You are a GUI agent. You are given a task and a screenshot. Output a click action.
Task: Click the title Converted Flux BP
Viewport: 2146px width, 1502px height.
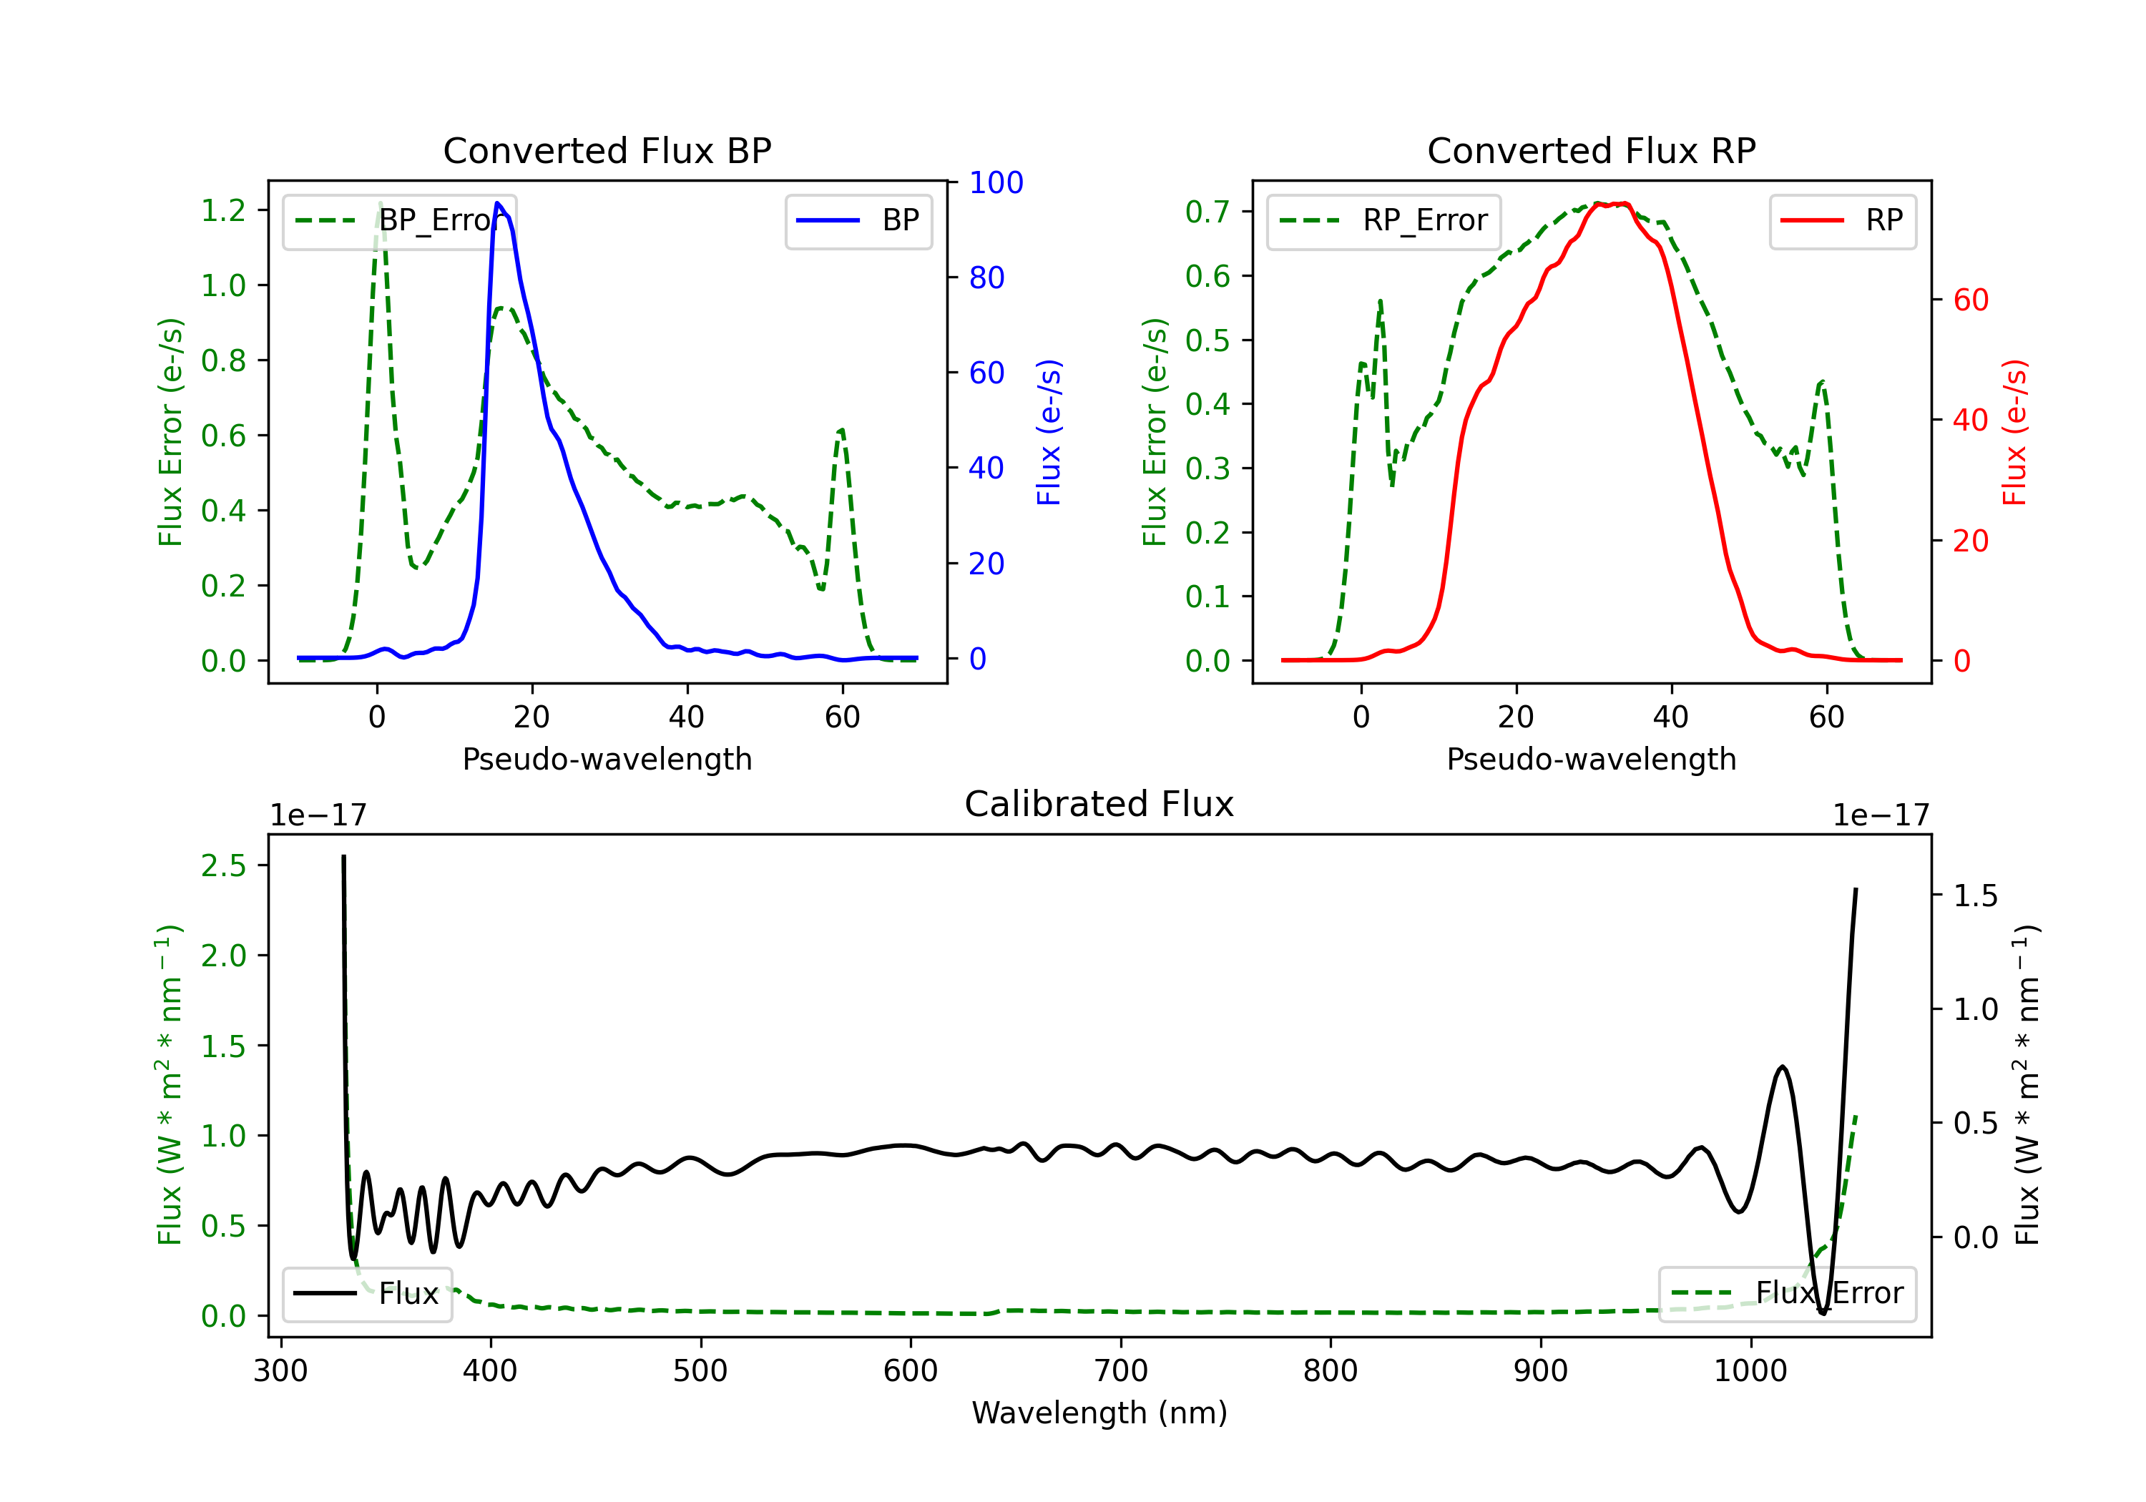tap(607, 150)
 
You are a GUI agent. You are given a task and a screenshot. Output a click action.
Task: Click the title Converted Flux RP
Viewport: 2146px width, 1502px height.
tap(1591, 150)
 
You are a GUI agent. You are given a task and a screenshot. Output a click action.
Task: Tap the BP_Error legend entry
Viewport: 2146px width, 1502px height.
tap(400, 220)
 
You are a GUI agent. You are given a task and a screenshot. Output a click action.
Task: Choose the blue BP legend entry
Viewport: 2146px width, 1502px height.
tap(858, 220)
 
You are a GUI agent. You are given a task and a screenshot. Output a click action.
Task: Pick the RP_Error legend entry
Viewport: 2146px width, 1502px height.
tap(1383, 220)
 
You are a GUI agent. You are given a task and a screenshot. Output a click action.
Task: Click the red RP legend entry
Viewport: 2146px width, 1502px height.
tap(1841, 220)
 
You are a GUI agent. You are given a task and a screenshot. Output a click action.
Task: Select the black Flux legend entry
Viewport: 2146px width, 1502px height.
tap(368, 1294)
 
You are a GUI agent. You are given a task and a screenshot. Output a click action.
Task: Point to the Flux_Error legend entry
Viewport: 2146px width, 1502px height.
tap(1787, 1294)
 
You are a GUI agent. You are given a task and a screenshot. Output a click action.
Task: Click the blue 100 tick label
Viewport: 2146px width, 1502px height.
tap(996, 182)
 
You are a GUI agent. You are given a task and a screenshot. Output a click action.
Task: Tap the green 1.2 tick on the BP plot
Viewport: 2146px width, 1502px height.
tap(223, 210)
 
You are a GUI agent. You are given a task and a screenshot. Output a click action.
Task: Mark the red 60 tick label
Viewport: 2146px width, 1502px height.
tap(1970, 300)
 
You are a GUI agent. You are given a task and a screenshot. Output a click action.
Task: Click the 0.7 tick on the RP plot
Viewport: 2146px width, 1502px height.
tap(1207, 212)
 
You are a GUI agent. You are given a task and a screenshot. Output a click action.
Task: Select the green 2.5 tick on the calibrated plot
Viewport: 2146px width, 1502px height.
tap(223, 865)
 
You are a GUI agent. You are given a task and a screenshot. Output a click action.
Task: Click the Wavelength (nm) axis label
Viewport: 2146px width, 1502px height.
tap(1099, 1413)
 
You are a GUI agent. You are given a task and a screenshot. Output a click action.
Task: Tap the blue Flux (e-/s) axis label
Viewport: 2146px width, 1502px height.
tap(1049, 432)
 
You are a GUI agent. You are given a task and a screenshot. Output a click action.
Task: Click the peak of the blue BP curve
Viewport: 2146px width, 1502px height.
tap(497, 203)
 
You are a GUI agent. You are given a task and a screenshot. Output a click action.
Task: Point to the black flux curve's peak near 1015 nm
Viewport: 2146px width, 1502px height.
tap(1783, 1066)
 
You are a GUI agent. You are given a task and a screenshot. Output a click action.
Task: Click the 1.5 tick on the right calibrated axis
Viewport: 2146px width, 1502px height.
tap(1975, 895)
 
